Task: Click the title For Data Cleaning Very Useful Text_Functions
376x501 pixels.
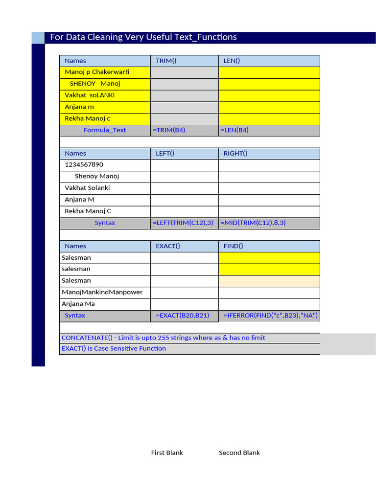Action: click(x=143, y=37)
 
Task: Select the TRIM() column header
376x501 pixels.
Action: click(x=166, y=61)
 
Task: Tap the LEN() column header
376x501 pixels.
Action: click(x=232, y=61)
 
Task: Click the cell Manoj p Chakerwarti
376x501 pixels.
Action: click(x=97, y=72)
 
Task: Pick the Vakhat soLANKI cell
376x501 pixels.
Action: click(x=90, y=95)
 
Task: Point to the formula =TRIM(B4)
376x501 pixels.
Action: click(x=169, y=130)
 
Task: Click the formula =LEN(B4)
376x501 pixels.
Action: click(x=235, y=130)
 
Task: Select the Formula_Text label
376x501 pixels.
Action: click(x=105, y=130)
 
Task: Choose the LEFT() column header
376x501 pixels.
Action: click(x=165, y=153)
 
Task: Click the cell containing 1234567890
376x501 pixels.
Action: click(x=84, y=164)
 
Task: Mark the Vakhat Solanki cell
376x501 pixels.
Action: click(x=87, y=188)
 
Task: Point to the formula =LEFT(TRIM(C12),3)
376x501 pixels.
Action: click(x=183, y=223)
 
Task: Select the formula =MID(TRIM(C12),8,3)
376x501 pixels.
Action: click(x=253, y=223)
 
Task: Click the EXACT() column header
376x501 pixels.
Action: click(x=168, y=246)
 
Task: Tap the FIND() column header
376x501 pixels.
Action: click(x=233, y=246)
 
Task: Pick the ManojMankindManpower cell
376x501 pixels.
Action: click(x=102, y=292)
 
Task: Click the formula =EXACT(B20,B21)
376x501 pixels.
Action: click(x=182, y=316)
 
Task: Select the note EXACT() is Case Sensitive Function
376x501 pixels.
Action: click(x=114, y=349)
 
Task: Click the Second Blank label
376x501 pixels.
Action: click(x=239, y=453)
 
